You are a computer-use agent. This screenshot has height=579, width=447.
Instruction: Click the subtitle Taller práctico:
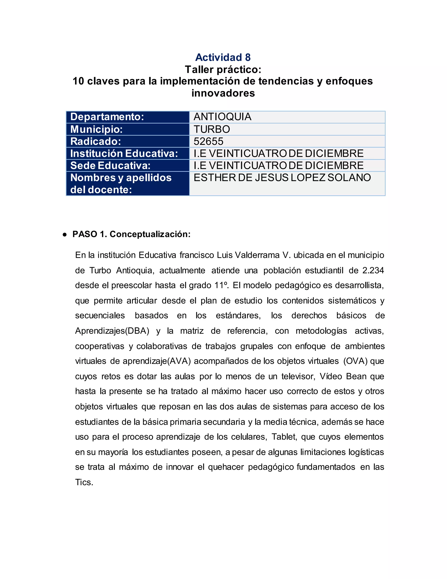point(223,69)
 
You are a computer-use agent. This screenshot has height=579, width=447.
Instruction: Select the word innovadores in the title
point(223,93)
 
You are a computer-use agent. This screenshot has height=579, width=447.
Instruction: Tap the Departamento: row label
point(107,117)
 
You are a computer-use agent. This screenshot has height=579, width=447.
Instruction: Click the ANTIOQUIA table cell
point(222,117)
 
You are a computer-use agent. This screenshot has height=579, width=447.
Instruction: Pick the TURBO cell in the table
point(212,129)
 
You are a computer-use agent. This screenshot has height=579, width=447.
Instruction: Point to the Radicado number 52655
point(208,142)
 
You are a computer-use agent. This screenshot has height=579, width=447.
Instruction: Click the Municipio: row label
point(96,129)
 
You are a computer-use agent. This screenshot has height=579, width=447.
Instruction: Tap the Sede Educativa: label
point(110,166)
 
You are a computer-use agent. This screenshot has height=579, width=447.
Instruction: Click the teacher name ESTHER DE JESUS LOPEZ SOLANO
point(282,178)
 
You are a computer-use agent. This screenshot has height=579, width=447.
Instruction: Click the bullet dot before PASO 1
point(65,235)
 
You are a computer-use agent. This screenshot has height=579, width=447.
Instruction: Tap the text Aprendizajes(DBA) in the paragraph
point(112,331)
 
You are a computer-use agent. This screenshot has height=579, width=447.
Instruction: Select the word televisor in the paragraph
point(298,376)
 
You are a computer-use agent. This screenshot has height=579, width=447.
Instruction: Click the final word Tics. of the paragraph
point(84,482)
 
